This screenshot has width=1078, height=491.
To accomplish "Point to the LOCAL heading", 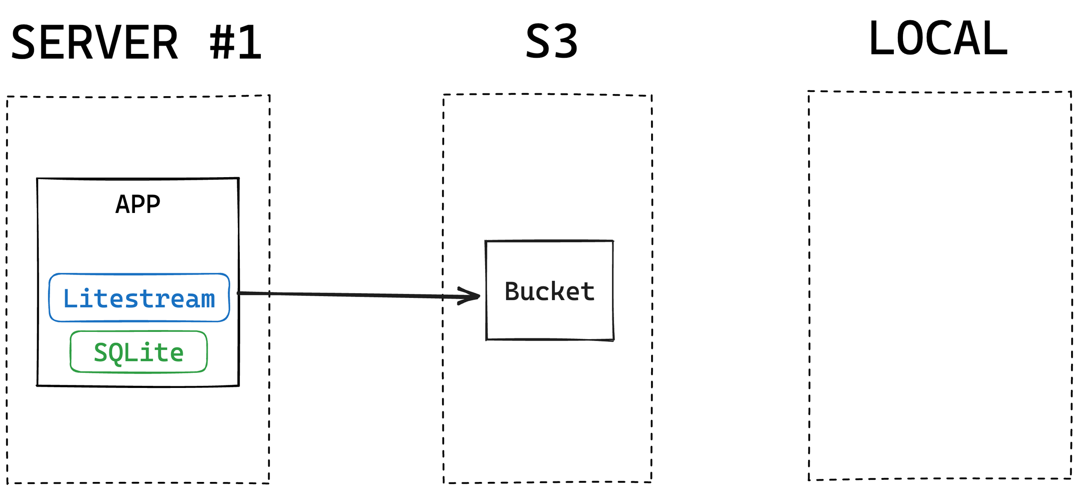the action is [938, 39].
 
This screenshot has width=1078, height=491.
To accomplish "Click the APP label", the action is [138, 204].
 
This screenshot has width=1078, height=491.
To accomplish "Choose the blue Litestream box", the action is [139, 298].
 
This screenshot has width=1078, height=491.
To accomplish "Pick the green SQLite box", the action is [138, 352].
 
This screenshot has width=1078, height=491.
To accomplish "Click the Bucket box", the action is [549, 291].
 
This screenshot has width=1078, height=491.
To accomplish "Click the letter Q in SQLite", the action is [116, 353].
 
